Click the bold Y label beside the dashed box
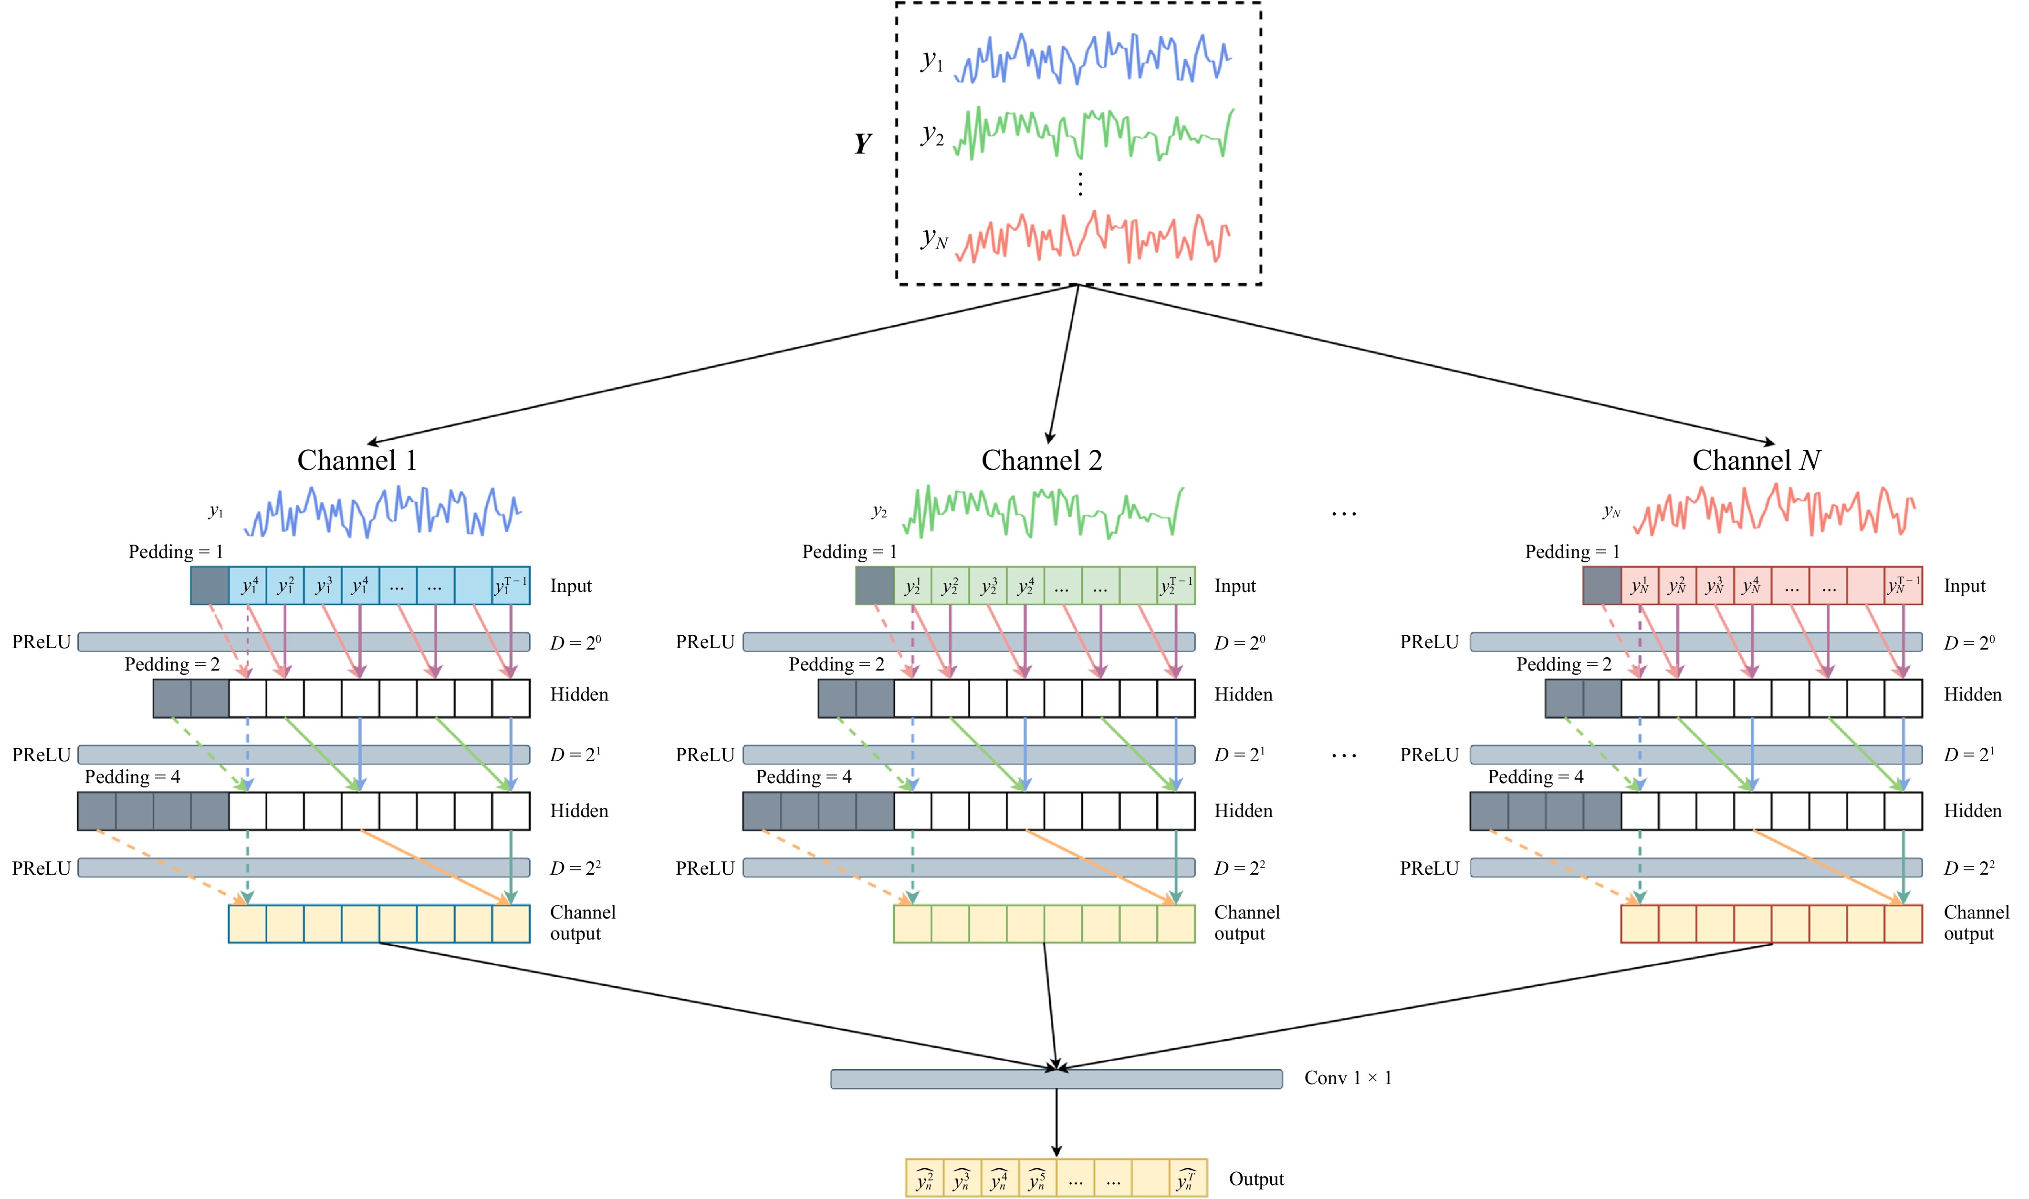[863, 144]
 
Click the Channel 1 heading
[356, 461]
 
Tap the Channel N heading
[1756, 461]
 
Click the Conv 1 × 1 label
[1348, 1078]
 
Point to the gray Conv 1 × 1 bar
[1056, 1079]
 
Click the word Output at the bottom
[1256, 1179]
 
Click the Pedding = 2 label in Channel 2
[836, 664]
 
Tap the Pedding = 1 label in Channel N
[1572, 552]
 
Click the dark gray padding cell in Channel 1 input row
[209, 586]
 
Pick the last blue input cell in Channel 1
[511, 586]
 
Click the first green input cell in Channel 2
[913, 586]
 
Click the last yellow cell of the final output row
[1188, 1179]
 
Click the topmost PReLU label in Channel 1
[41, 642]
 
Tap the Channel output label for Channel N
[1976, 923]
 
